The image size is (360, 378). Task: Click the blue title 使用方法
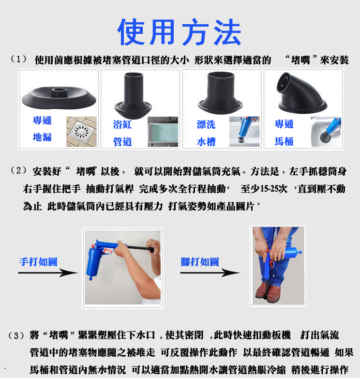pos(180,32)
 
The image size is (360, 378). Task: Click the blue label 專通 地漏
pos(42,129)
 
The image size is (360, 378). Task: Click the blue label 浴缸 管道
pos(122,133)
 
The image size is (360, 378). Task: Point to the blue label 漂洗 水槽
pos(206,133)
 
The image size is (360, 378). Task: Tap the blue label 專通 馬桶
pos(284,132)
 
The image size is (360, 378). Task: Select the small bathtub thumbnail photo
pos(163,132)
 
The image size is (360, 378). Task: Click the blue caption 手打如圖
pos(38,262)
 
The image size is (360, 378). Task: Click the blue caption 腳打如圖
pos(199,262)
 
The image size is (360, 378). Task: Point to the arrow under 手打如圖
pos(48,273)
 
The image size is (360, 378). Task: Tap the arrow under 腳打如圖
pos(210,273)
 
